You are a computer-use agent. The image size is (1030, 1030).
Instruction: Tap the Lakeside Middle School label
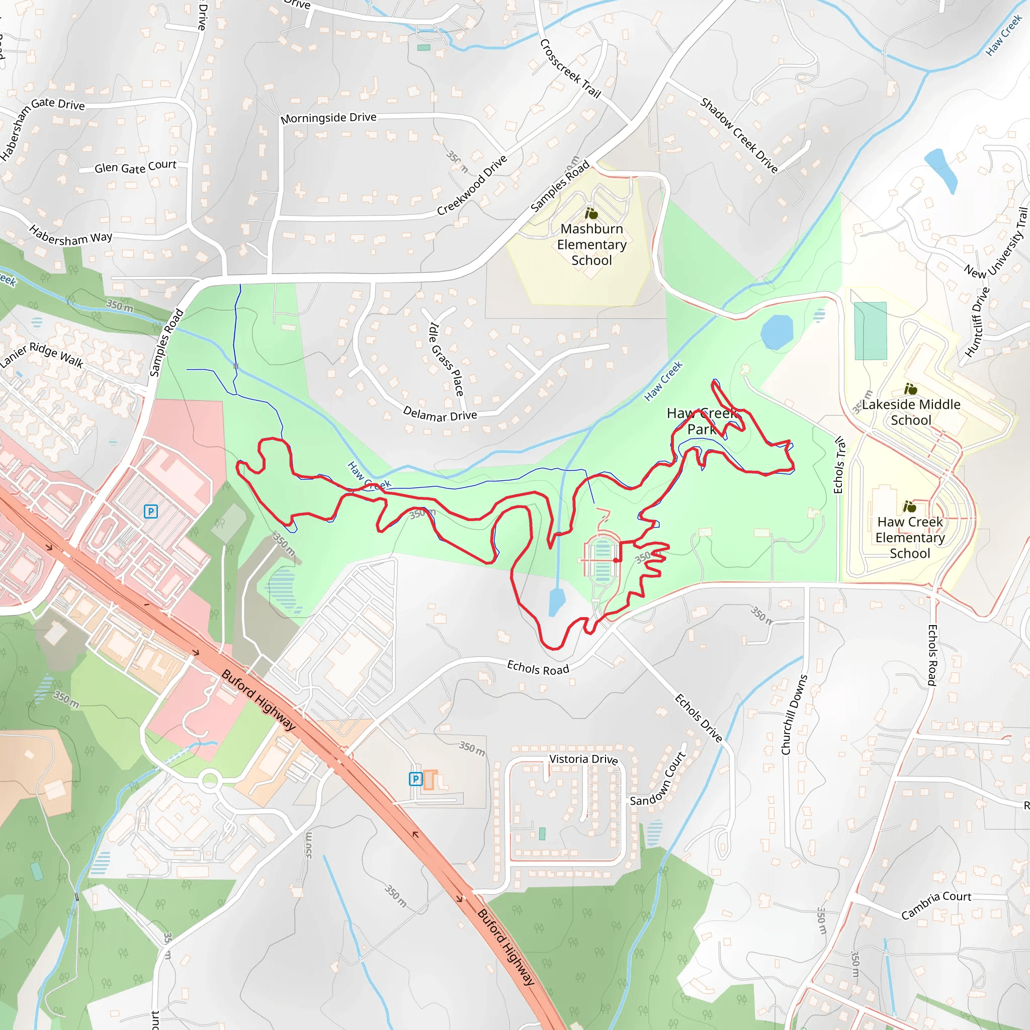click(911, 412)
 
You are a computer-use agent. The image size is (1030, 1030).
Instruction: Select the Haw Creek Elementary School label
click(909, 538)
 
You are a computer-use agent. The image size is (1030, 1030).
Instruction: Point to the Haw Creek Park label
click(702, 421)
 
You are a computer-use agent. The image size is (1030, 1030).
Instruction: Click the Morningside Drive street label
click(328, 117)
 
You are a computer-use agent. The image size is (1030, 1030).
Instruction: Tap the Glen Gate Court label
click(135, 167)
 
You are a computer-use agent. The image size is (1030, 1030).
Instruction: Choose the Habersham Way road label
click(70, 236)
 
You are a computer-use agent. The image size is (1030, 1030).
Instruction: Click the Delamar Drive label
click(440, 414)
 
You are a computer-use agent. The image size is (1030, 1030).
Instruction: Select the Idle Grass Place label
click(446, 359)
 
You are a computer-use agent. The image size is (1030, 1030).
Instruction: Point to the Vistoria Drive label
click(583, 759)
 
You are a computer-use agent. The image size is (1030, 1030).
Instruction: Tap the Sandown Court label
click(658, 779)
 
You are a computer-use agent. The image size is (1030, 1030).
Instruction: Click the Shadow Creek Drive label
click(739, 135)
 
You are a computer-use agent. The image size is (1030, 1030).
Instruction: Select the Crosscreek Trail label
click(570, 69)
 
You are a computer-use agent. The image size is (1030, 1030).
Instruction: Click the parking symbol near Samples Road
click(151, 512)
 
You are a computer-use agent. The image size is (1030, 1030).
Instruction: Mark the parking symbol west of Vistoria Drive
click(415, 779)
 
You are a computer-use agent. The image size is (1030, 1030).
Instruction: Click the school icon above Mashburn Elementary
click(591, 214)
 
